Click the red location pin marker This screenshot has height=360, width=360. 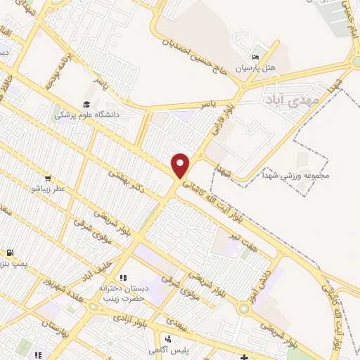(x=181, y=165)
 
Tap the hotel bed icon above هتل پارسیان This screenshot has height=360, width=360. (x=256, y=57)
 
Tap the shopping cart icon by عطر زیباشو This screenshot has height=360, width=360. (x=48, y=179)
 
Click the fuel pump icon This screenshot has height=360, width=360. (x=10, y=252)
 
